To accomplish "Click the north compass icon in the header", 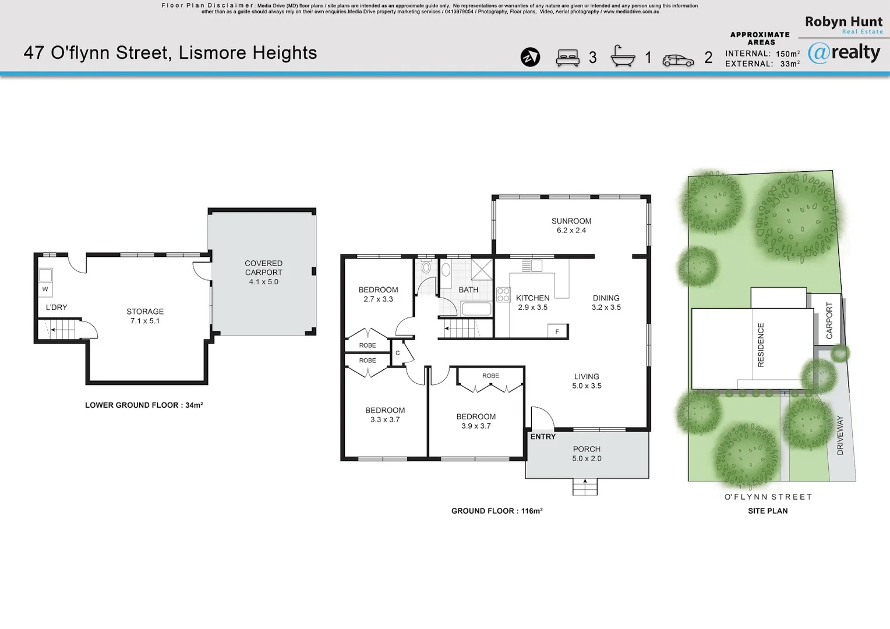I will tap(530, 57).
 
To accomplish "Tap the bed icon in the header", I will tap(567, 58).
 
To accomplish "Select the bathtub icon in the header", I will tap(622, 56).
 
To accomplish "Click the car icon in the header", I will tap(678, 60).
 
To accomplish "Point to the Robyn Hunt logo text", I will tap(843, 23).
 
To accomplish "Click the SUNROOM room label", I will tap(571, 221).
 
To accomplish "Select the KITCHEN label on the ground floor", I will tap(532, 298).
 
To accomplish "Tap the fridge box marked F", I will tap(557, 331).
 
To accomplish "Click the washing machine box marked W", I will tap(45, 289).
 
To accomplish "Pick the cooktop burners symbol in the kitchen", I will tap(503, 295).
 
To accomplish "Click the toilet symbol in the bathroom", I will tap(426, 267).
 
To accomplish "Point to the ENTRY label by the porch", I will tap(543, 437).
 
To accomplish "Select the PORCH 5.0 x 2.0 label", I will tap(587, 454).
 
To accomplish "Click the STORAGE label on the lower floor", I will tap(145, 312).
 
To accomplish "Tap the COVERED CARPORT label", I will tap(263, 268).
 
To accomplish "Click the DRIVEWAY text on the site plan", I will tap(840, 435).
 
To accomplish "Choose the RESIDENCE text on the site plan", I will tap(760, 345).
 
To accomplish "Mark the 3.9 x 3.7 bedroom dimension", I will tap(476, 426).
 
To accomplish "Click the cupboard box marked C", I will tap(398, 353).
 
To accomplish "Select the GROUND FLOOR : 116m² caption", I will tap(497, 511).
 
